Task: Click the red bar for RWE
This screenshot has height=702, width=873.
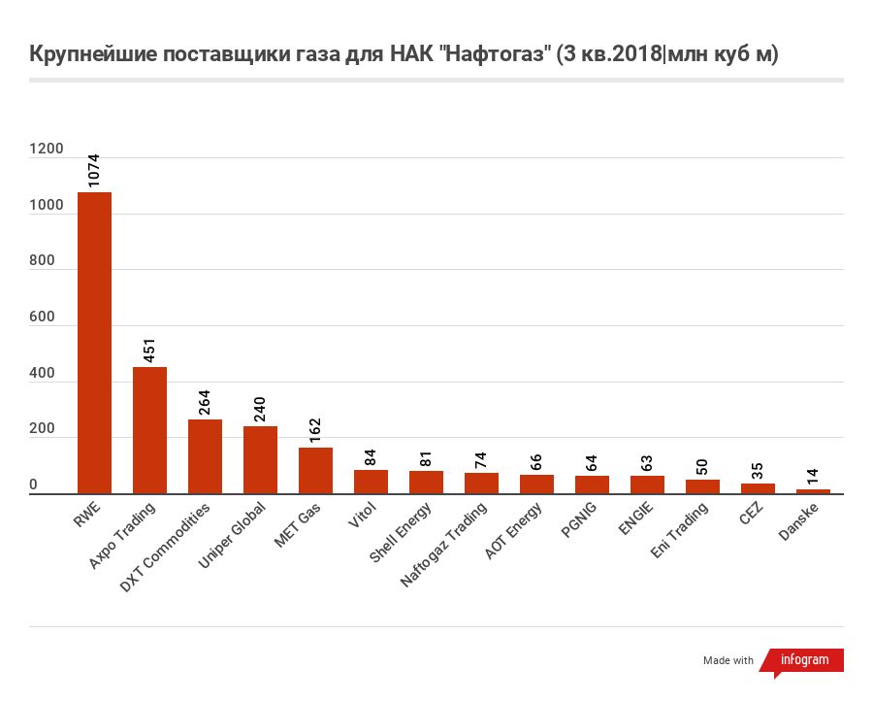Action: pyautogui.click(x=94, y=343)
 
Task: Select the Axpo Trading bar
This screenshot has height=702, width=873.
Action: pyautogui.click(x=149, y=430)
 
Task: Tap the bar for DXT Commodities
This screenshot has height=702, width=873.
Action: pyautogui.click(x=205, y=456)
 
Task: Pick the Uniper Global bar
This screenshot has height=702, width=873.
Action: pyautogui.click(x=260, y=460)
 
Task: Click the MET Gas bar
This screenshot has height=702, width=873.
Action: pyautogui.click(x=315, y=471)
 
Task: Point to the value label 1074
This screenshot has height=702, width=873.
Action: pyautogui.click(x=94, y=170)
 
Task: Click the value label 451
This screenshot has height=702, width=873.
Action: pyautogui.click(x=149, y=350)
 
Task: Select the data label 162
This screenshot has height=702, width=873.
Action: pyautogui.click(x=315, y=430)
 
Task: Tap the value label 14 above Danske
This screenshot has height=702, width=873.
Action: pyautogui.click(x=813, y=477)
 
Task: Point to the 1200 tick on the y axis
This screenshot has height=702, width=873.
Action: pyautogui.click(x=47, y=150)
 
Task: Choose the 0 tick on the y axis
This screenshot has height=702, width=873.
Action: pyautogui.click(x=33, y=485)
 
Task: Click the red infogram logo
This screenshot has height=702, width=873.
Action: pyautogui.click(x=803, y=660)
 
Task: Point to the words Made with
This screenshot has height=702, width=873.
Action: pyautogui.click(x=728, y=660)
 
